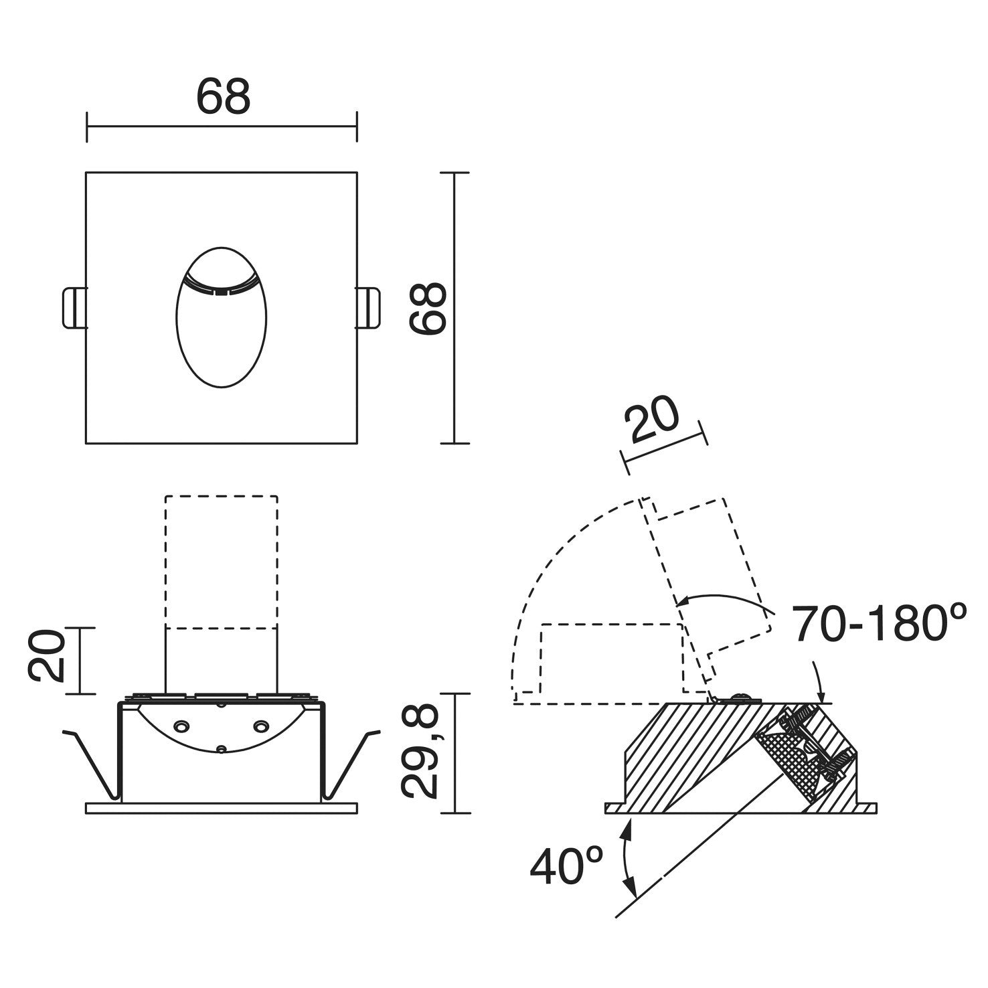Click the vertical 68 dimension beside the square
tap(428, 308)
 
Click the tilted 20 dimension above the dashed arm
tap(651, 421)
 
